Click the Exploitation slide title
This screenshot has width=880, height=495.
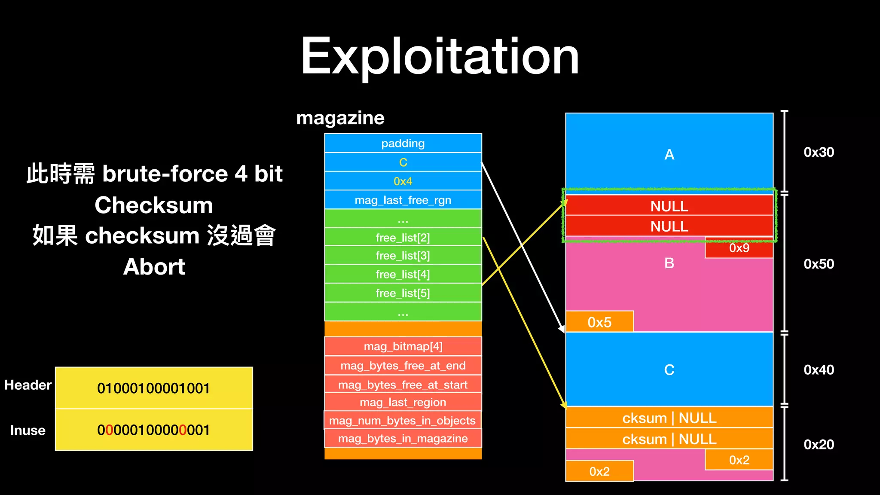[440, 57]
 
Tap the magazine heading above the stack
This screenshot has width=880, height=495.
[340, 118]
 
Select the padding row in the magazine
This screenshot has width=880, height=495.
[403, 143]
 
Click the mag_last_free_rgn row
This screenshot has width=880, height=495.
[403, 200]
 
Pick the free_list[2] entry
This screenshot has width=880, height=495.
[403, 238]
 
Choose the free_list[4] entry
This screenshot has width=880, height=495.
[403, 274]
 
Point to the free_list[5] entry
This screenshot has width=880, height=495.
[403, 293]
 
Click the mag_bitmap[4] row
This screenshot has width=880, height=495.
[403, 346]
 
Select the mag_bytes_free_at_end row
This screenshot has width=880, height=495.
[403, 366]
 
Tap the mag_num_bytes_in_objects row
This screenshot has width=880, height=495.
[402, 420]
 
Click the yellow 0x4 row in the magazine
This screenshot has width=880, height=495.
[403, 181]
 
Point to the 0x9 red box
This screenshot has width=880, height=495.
[739, 248]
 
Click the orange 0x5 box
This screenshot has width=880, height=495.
[599, 322]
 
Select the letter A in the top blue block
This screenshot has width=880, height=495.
[669, 155]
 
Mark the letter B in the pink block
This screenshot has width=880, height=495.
[669, 263]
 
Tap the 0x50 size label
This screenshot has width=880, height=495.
[819, 264]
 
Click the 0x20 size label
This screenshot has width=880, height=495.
[819, 444]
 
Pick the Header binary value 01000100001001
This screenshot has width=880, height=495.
[153, 388]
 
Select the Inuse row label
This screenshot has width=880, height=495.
[27, 430]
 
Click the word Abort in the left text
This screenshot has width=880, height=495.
[154, 267]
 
